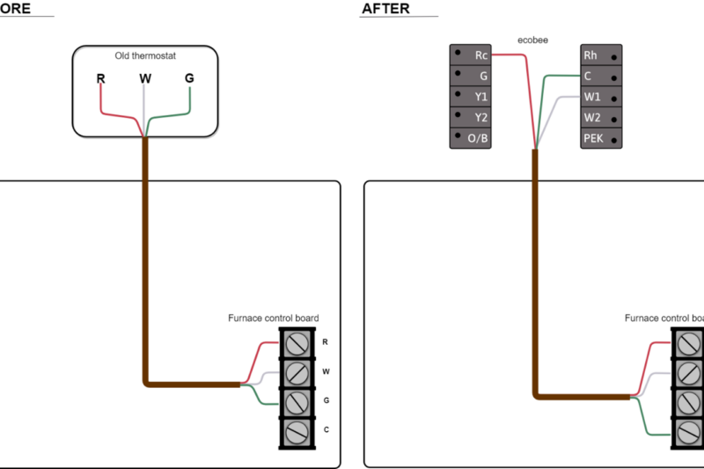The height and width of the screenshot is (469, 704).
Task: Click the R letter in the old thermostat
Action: (101, 78)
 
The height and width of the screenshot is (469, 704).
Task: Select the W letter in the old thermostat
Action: (145, 78)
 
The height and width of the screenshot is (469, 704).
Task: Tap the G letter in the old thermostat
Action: (189, 78)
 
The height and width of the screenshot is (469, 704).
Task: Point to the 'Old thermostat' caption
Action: (145, 55)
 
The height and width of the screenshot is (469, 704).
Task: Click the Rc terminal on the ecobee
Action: (471, 55)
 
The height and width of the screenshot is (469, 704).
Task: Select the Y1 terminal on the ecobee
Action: (471, 96)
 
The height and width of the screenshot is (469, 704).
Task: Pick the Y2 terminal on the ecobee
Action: (471, 117)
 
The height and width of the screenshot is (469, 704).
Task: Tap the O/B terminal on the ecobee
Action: (471, 138)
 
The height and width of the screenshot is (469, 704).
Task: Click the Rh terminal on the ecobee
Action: (602, 55)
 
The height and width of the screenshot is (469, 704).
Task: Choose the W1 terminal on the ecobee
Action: (602, 96)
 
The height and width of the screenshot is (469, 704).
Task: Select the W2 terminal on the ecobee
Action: (602, 117)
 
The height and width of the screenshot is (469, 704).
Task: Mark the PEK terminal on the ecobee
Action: (602, 138)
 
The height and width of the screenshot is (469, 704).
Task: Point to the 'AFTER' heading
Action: (385, 9)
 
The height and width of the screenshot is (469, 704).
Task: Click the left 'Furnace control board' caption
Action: (273, 318)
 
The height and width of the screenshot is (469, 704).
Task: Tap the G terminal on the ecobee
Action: (471, 76)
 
